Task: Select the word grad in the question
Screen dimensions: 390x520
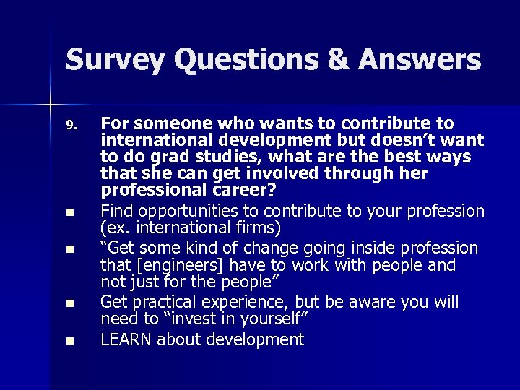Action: pos(161,157)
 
